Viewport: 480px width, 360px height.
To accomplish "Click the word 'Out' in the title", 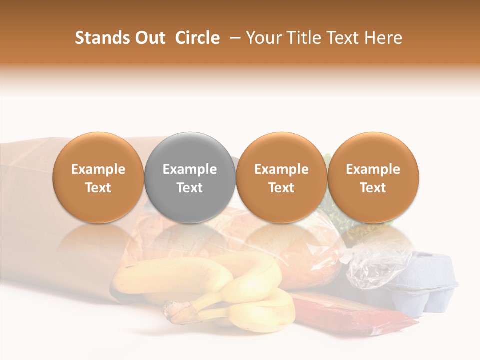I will pyautogui.click(x=149, y=38).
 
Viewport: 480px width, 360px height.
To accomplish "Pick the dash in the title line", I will pyautogui.click(x=233, y=38).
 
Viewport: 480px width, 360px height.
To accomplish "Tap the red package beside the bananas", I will pyautogui.click(x=350, y=315).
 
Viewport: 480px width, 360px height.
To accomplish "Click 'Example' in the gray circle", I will pyautogui.click(x=190, y=169).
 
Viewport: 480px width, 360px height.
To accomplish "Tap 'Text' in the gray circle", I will pyautogui.click(x=190, y=188).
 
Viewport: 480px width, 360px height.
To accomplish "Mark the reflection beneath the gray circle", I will pyautogui.click(x=190, y=240).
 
